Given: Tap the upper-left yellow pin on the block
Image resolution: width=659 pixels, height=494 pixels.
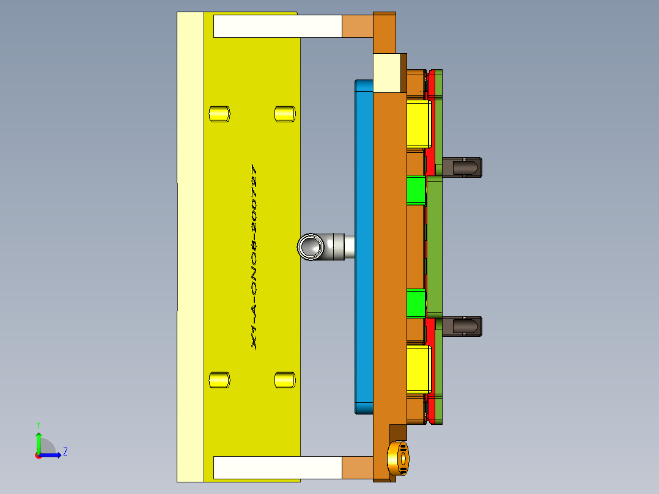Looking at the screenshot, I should pos(219,114).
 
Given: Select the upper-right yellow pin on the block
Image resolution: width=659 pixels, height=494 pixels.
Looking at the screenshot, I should pos(284,114).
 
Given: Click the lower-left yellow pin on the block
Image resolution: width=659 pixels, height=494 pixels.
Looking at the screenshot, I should pos(219,380).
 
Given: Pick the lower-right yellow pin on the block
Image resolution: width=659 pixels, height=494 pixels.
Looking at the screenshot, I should pos(284,380).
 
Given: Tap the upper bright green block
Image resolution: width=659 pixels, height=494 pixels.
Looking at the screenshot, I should pos(416,191).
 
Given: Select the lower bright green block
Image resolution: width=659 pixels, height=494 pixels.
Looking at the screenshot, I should pos(416,304).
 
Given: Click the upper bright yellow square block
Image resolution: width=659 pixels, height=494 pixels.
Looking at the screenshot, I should pos(418,125).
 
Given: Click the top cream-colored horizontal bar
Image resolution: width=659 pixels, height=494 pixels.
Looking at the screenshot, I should pos(277,26).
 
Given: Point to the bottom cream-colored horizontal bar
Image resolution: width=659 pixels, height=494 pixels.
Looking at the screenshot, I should pos(277,468).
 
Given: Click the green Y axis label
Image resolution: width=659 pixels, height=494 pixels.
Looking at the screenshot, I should pos(38,424).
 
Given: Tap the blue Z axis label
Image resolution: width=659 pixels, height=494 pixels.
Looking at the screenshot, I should pos(65,452).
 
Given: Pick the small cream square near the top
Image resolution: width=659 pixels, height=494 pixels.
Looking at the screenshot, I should pos(387,73).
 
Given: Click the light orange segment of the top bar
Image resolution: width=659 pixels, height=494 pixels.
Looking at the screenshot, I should pos(357,26).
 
